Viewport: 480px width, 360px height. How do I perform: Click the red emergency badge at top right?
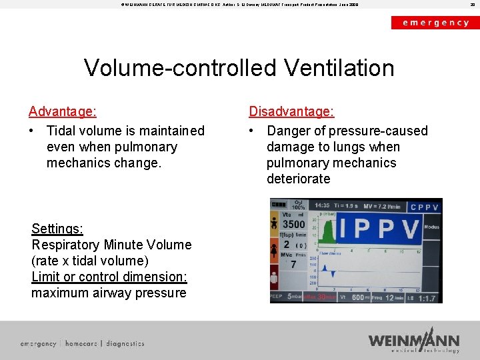tap(435, 22)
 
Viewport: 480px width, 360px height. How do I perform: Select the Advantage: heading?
tap(63, 111)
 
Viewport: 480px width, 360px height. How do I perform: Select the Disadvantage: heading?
tap(291, 111)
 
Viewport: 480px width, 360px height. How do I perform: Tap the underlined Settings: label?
tap(57, 229)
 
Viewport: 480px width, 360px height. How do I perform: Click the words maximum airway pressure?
tap(109, 293)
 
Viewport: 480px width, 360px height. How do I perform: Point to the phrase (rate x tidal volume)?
tap(90, 261)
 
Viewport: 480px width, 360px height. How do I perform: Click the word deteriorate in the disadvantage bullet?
tap(298, 179)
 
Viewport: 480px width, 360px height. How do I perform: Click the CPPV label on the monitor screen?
tap(424, 207)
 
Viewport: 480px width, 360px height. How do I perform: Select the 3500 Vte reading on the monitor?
tap(293, 225)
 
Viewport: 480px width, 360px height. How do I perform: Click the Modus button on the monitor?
tap(431, 227)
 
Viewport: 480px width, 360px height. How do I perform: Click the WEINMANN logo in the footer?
tap(413, 341)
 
